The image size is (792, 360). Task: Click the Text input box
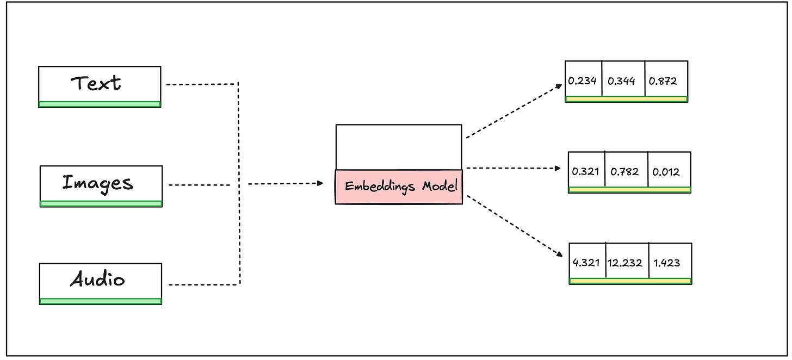pos(100,84)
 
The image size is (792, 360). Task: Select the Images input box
pos(101,183)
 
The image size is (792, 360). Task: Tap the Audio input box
pos(101,281)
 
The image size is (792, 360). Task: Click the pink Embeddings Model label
pos(399,187)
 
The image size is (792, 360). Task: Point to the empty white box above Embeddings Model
pos(399,147)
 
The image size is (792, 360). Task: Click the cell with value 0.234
pos(583,81)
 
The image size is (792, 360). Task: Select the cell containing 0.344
pos(623,81)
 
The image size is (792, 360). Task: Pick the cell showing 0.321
pos(586,171)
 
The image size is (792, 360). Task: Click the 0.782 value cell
pos(626,171)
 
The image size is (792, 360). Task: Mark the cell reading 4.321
pos(587,263)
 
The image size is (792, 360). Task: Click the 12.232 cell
pos(627,263)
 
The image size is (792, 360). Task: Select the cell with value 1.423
pos(670,263)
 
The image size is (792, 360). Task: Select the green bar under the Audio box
pos(101,301)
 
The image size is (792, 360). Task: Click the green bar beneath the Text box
pos(100,104)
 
